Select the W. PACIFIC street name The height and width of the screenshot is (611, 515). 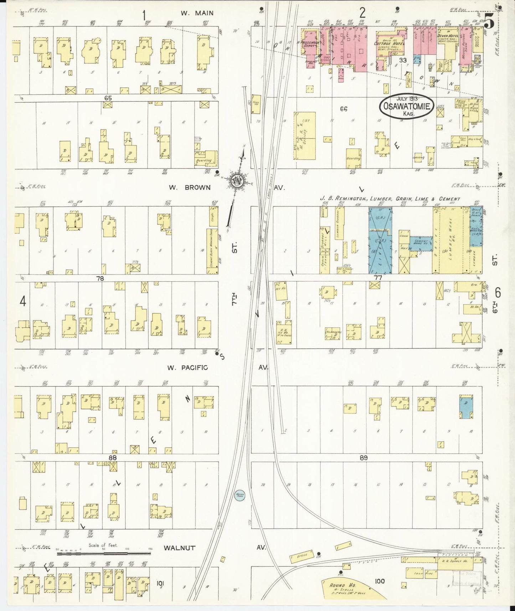[188, 368]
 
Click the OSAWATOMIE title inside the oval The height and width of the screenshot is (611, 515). [407, 106]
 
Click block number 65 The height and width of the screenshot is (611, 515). [108, 97]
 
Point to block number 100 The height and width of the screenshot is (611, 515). [380, 581]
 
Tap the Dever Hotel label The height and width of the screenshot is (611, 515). [448, 36]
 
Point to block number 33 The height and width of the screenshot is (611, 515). [403, 60]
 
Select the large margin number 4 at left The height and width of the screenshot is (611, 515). [23, 302]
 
